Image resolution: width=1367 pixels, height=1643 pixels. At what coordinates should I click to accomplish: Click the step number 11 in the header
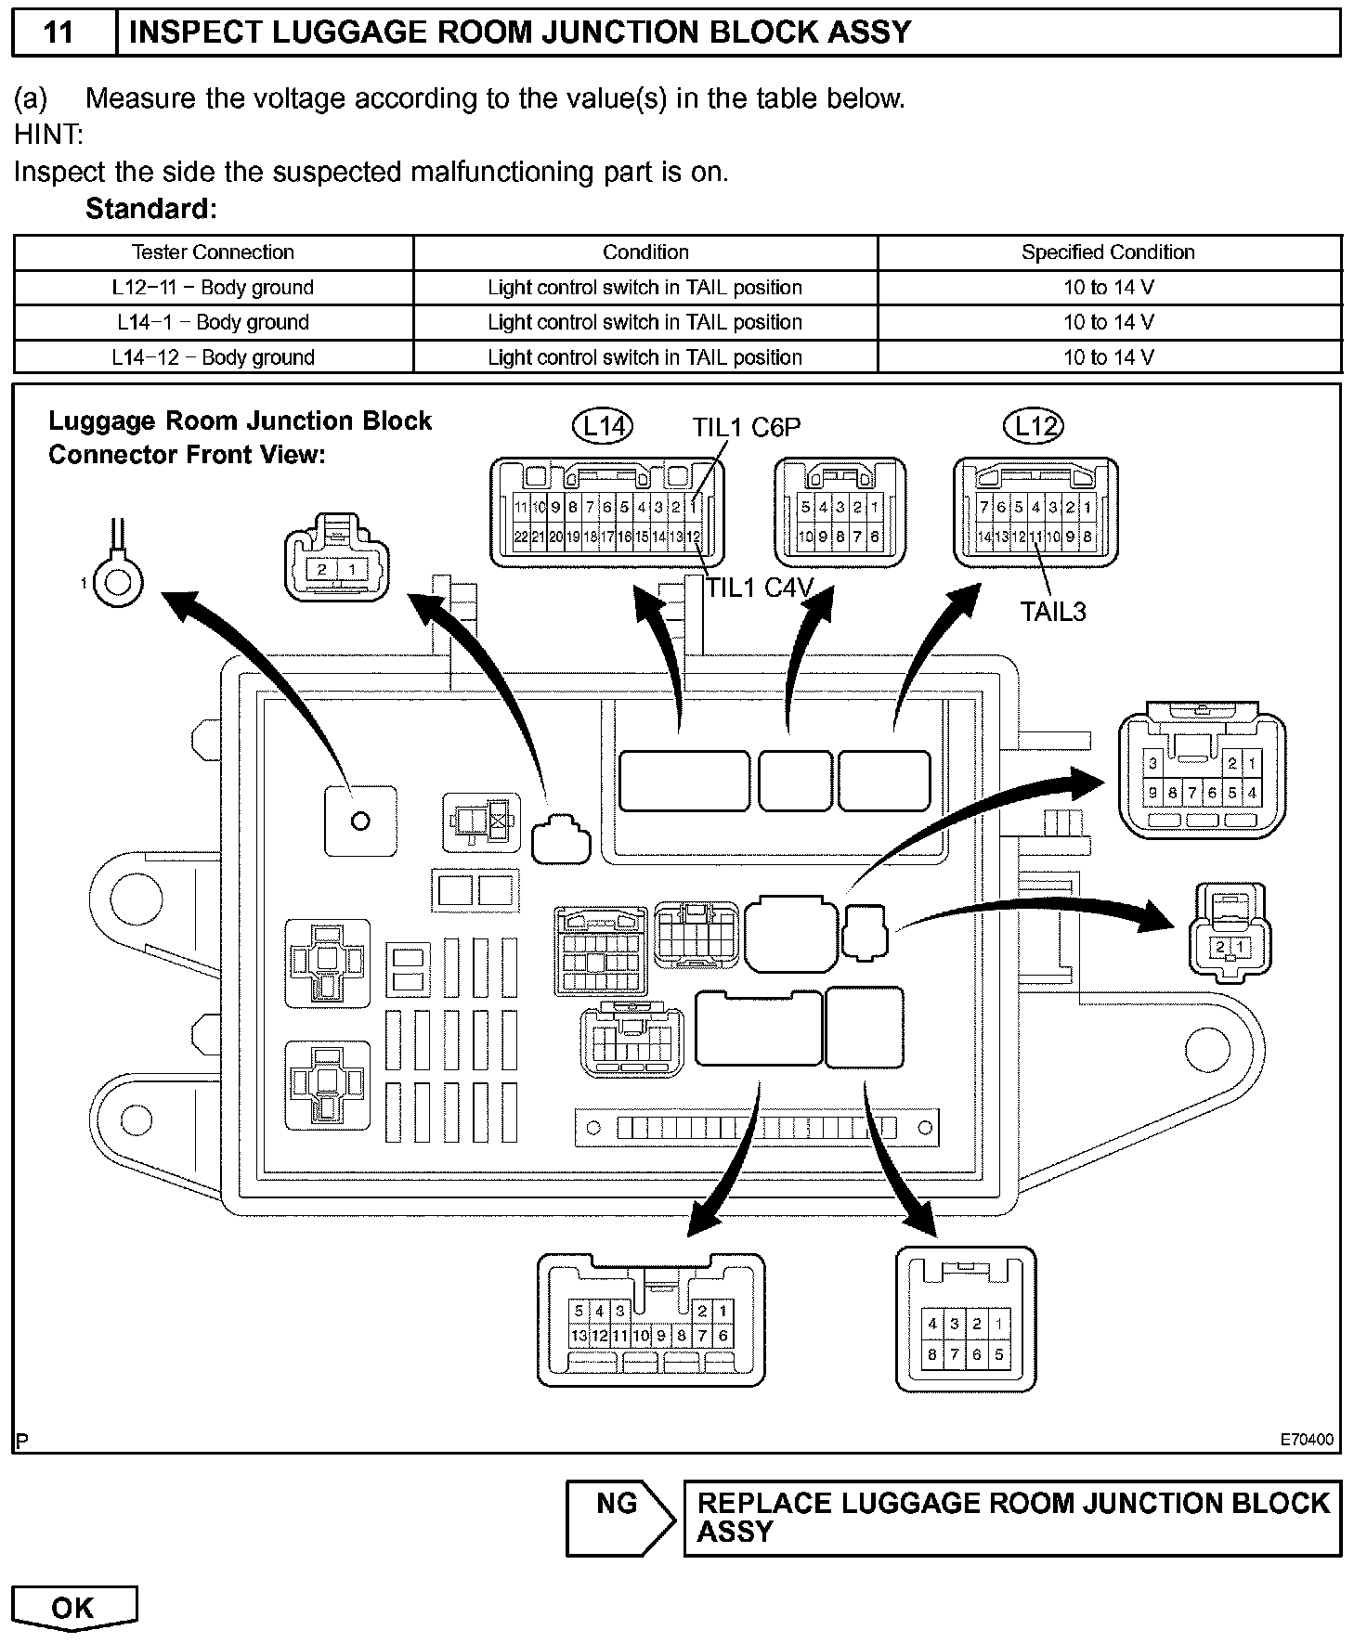coord(59,32)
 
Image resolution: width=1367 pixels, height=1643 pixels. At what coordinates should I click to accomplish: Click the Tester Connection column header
coord(213,252)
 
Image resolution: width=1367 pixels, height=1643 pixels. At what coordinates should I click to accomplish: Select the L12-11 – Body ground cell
coord(213,288)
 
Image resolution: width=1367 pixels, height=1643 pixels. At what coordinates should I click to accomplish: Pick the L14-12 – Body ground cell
coord(213,357)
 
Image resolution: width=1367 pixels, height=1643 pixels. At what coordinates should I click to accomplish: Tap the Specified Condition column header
coord(1108,252)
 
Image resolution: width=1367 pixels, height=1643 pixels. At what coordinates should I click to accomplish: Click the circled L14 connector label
coord(603,426)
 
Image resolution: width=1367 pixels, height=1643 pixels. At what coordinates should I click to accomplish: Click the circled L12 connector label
coord(1034,426)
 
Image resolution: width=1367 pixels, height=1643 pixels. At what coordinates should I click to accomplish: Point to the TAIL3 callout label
coord(1053,612)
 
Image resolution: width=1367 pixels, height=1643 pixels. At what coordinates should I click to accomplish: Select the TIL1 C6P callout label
coord(746,427)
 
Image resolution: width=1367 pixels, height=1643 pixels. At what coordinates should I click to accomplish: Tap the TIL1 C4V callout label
coord(760,588)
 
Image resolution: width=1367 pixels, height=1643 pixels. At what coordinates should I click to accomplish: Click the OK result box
coord(73,1608)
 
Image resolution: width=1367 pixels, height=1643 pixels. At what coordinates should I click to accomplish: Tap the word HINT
coord(48,136)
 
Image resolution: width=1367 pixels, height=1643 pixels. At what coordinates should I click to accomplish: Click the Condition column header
coord(645,252)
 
